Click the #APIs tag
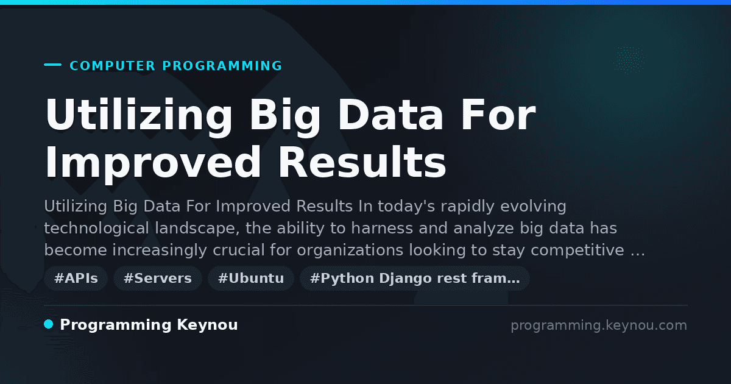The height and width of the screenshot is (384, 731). [x=76, y=278]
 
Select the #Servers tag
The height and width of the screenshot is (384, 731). [x=158, y=278]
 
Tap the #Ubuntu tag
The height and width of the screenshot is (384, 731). [x=251, y=278]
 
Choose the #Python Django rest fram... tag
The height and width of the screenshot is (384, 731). [x=414, y=278]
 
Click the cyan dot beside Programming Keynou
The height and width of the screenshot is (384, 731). [x=49, y=324]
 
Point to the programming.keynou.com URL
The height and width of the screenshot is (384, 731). [x=599, y=325]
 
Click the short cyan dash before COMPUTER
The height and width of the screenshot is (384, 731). [x=52, y=65]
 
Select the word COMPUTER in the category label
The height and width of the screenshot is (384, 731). [x=112, y=66]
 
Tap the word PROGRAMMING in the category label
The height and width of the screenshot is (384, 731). [x=222, y=66]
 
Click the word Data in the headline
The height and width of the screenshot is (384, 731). [x=390, y=115]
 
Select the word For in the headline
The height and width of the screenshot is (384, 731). [x=498, y=115]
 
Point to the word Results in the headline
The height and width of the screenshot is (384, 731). [x=362, y=162]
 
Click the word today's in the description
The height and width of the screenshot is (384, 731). [x=407, y=207]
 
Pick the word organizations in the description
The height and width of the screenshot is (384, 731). [x=350, y=251]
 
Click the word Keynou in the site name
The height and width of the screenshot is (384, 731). [x=207, y=325]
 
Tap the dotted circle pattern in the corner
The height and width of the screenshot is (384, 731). [x=629, y=60]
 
